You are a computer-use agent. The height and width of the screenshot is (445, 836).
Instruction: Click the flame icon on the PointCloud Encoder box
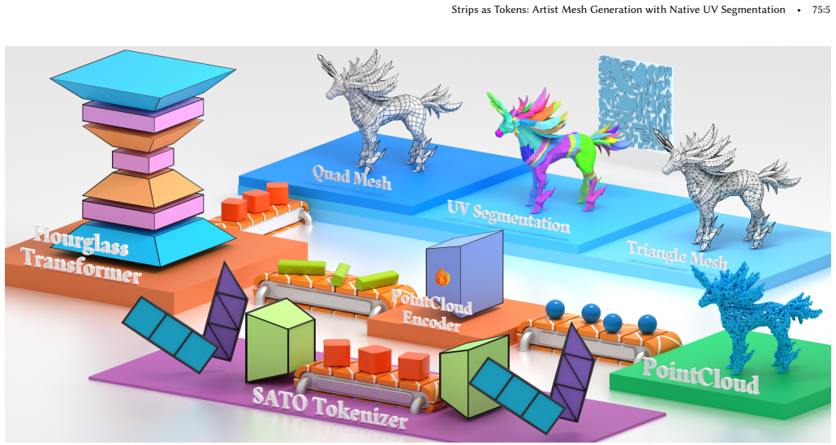(442, 276)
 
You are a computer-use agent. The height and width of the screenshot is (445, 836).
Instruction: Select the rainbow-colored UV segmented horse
(554, 143)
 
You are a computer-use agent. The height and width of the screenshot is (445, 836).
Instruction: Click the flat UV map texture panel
(635, 102)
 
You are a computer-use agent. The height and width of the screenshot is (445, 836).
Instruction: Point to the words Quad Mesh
(351, 176)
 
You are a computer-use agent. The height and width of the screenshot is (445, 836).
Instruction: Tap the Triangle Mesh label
(677, 255)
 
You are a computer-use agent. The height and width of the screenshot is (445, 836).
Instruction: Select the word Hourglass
(81, 240)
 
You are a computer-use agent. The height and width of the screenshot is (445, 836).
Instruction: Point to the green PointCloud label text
(700, 375)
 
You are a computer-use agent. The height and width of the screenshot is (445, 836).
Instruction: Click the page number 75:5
(821, 10)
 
